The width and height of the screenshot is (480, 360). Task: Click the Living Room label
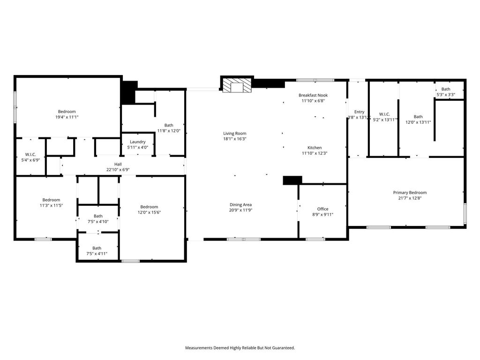tap(234, 134)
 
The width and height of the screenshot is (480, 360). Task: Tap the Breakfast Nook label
tap(313, 95)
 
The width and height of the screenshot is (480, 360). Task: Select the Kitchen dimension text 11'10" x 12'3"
tap(315, 153)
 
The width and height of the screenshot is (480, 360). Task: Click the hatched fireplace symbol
tap(237, 85)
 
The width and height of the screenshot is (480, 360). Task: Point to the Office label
tap(322, 209)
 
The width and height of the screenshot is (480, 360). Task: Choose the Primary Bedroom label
tap(410, 193)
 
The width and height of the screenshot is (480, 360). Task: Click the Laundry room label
tap(137, 142)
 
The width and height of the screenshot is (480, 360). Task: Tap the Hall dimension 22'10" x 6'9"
tap(118, 170)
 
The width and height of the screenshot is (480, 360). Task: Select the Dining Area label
tap(240, 205)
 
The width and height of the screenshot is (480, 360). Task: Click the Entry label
tap(359, 112)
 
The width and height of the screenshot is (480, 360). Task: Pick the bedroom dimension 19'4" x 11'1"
tap(67, 117)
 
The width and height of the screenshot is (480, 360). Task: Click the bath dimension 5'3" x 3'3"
tap(446, 95)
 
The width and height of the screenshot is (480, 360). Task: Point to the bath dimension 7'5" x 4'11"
tap(97, 254)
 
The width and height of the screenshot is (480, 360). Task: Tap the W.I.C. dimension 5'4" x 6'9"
tap(30, 160)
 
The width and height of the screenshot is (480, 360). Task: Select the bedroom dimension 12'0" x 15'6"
tap(149, 212)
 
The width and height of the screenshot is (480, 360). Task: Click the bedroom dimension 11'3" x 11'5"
tap(51, 205)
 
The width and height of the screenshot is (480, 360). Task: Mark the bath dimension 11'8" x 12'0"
tap(169, 131)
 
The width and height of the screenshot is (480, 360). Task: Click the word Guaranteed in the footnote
tap(284, 348)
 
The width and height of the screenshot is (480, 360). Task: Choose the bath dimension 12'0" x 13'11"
tap(418, 122)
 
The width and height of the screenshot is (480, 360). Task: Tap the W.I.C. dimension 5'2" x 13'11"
tap(385, 120)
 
